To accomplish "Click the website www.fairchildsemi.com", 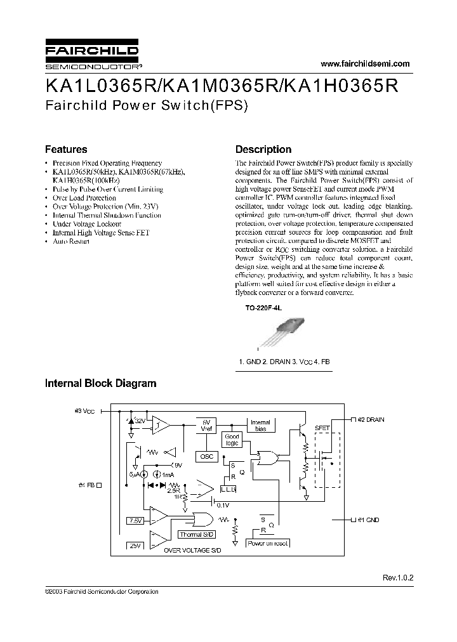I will pos(365,63).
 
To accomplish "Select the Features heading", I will pos(66,150).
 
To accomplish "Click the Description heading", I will pos(263,150).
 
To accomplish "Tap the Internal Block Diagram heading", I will pos(100,383).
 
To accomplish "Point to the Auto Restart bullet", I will pos(71,242).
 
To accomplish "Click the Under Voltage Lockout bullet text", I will pos(87,224).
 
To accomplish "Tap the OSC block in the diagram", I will pos(208,456).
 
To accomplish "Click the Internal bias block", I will pos(260,425).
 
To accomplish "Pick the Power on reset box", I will pos(268,544).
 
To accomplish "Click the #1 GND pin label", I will pos(368,520).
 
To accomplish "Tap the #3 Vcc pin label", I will pos(84,411).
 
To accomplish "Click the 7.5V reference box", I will pos(136,520).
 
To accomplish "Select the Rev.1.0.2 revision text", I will pos(397,578).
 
